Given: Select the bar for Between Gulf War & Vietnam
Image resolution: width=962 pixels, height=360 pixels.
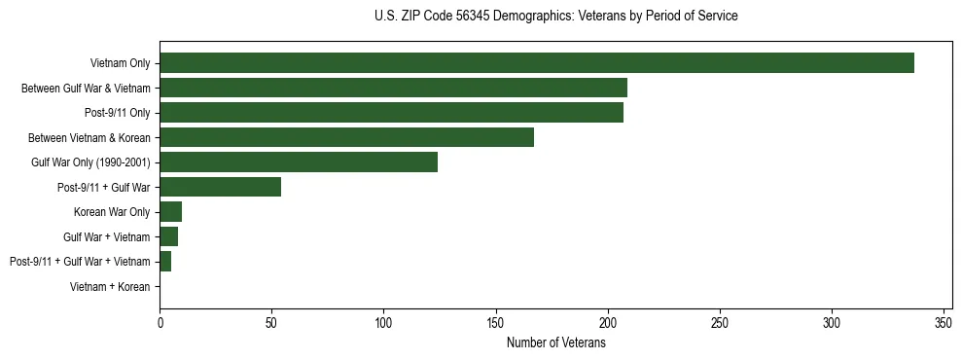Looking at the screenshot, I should (x=393, y=88).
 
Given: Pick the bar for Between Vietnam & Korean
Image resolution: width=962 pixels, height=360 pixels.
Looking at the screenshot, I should (x=346, y=137).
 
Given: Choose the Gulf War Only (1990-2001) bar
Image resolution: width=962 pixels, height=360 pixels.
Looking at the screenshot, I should (x=299, y=162).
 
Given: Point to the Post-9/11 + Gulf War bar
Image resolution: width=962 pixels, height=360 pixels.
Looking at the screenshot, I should (x=220, y=187).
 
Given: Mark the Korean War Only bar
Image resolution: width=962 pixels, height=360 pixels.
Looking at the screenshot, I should (x=170, y=211).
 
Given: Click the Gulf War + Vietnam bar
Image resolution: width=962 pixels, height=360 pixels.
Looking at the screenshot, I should (x=168, y=236).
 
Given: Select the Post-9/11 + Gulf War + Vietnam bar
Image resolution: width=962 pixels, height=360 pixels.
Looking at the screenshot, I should (x=165, y=261).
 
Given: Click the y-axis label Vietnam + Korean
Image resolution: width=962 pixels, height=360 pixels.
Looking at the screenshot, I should (x=110, y=286).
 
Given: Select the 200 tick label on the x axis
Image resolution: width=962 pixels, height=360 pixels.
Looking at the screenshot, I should (x=608, y=322).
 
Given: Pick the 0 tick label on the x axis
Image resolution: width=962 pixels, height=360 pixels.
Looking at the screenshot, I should (x=160, y=322).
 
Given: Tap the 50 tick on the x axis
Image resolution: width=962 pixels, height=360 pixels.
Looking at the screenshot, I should (x=271, y=322).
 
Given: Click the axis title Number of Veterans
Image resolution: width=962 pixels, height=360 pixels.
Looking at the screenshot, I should (x=555, y=342).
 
